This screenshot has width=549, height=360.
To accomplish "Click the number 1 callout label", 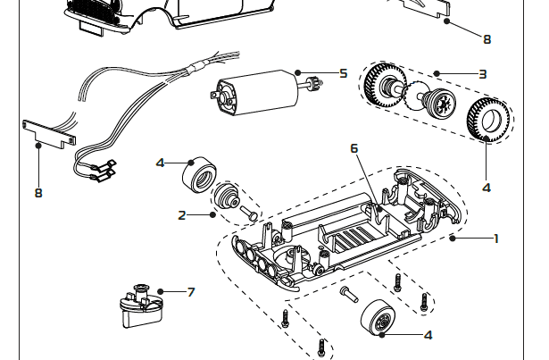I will pos(495,239).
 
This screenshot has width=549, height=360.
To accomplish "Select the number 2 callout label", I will pos(182,214).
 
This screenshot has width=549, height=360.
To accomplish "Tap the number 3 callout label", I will pos(482,73).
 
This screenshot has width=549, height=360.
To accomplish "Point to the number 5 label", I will pos(343,73).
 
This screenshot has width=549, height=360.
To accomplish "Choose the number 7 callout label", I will pos(191,292).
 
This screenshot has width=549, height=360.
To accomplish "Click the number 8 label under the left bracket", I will pos(38,192).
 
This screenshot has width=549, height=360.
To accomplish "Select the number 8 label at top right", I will pos(487,38).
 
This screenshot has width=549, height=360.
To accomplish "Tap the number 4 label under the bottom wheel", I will pos(428,335).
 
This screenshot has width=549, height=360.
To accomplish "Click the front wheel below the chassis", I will pos(379,319).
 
